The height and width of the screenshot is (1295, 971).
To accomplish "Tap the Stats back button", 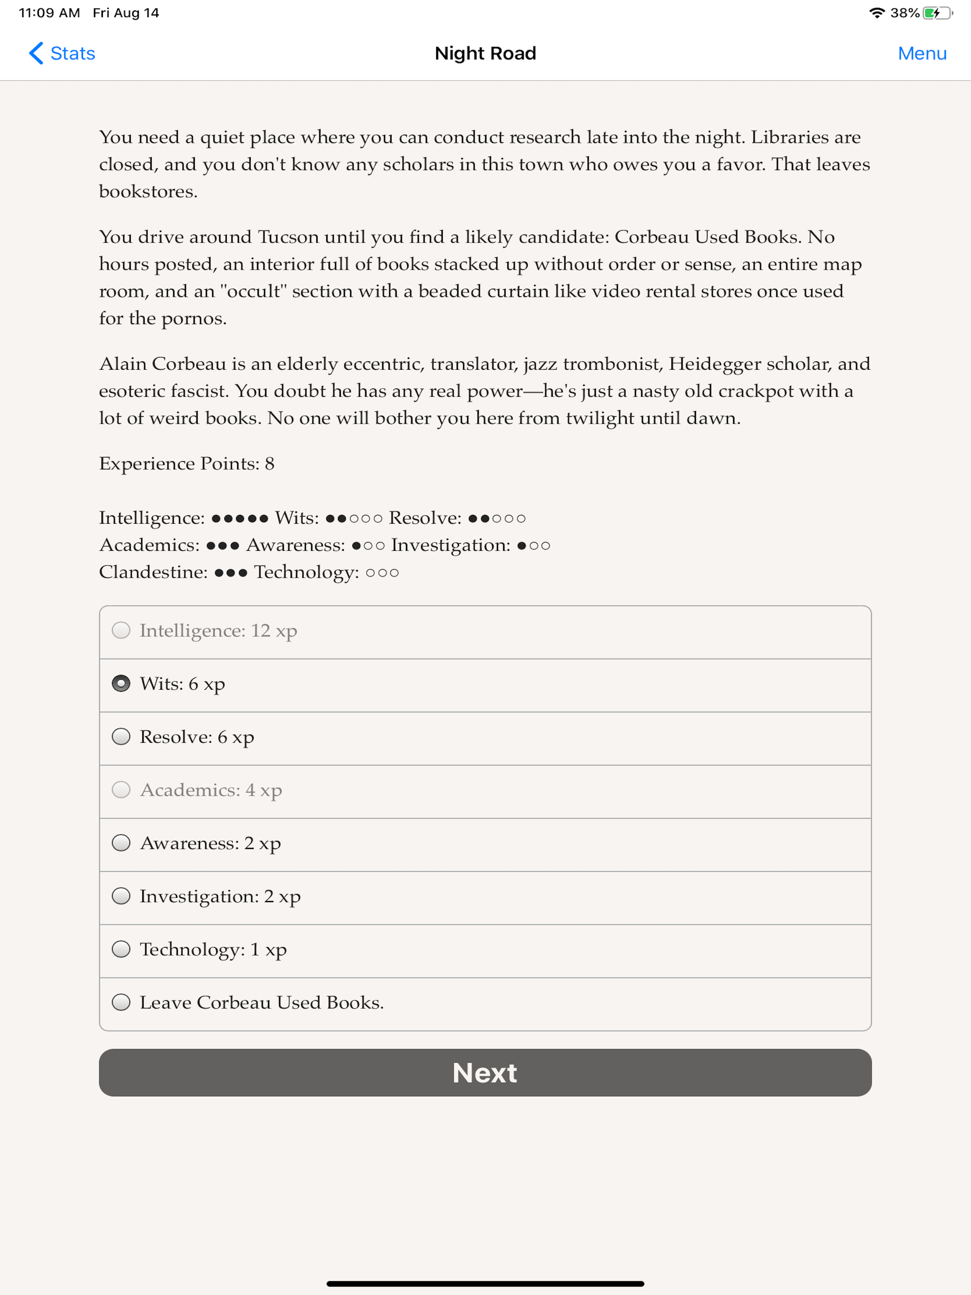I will (x=62, y=53).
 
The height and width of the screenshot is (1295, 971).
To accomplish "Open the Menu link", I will (x=922, y=53).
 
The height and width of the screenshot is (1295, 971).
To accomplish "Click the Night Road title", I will (x=485, y=53).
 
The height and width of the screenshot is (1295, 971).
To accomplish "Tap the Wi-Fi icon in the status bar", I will (x=876, y=13).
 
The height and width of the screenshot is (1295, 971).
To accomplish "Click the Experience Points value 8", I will (x=269, y=464).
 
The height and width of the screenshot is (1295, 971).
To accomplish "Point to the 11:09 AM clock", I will (x=49, y=13).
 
